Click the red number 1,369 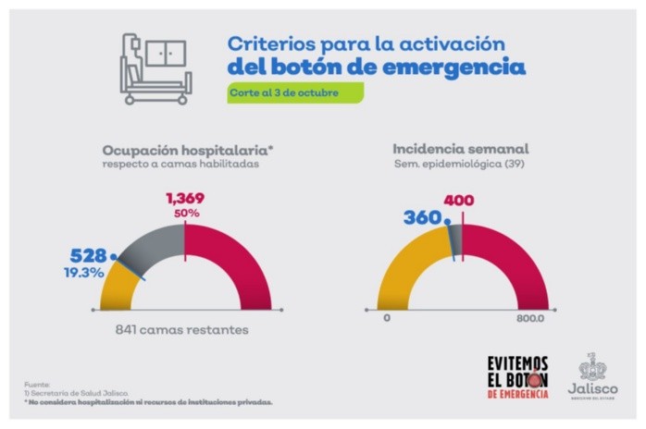(x=185, y=198)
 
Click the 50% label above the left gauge (x=185, y=214)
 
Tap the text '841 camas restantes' (x=185, y=329)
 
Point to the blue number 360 (x=422, y=218)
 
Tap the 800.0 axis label (x=530, y=317)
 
